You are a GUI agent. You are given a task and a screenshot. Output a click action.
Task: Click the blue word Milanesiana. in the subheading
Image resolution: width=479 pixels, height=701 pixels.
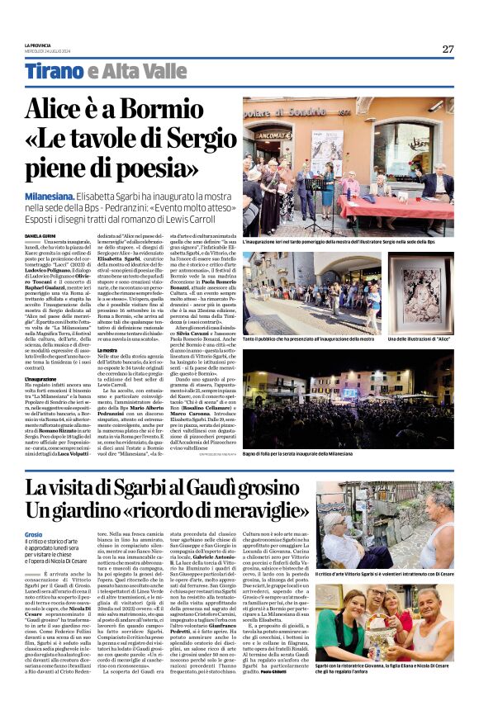[55, 197]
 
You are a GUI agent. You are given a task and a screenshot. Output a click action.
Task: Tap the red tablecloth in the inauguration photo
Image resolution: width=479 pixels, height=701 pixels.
[388, 204]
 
